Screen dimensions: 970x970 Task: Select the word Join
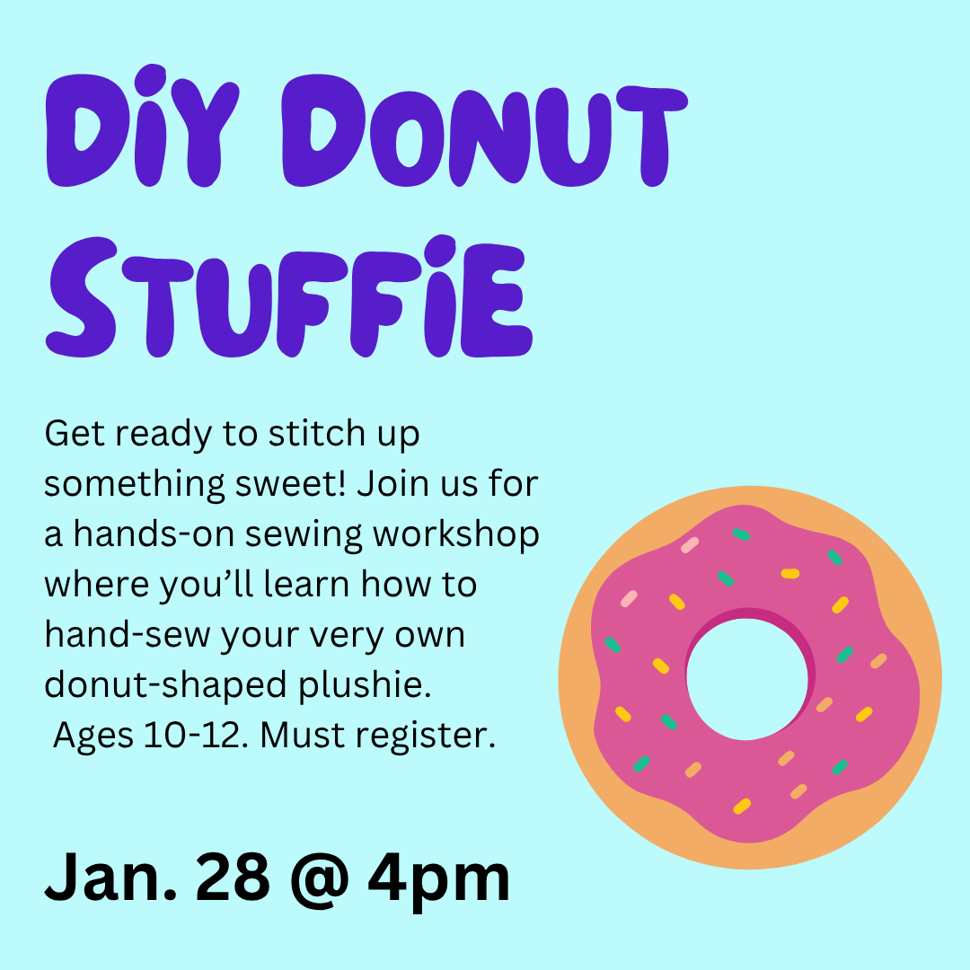[389, 484]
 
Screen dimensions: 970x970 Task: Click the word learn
[304, 585]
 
